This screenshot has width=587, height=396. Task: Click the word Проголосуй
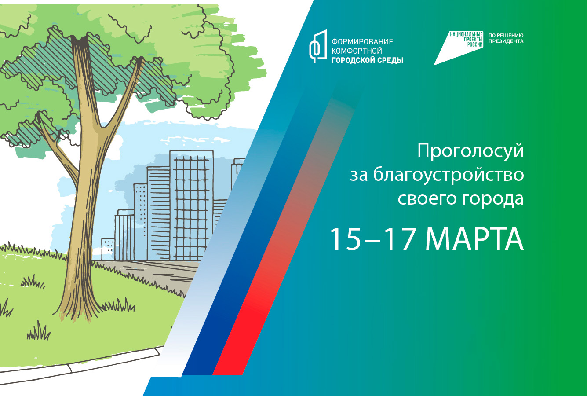470,152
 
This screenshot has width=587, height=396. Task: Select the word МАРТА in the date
474,240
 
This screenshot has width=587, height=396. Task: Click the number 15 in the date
346,240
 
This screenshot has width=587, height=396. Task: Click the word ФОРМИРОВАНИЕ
362,42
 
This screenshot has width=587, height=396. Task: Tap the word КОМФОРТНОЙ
357,51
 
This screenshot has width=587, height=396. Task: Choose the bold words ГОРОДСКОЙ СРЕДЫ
368,60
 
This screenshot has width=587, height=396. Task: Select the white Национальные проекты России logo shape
459,48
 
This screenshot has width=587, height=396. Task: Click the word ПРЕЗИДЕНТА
506,41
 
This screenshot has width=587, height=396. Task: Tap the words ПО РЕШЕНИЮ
506,35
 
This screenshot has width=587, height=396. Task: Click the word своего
428,199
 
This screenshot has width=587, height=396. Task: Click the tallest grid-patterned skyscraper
191,205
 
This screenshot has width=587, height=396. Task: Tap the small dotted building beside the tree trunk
108,249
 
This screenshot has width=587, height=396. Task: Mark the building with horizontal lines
158,213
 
